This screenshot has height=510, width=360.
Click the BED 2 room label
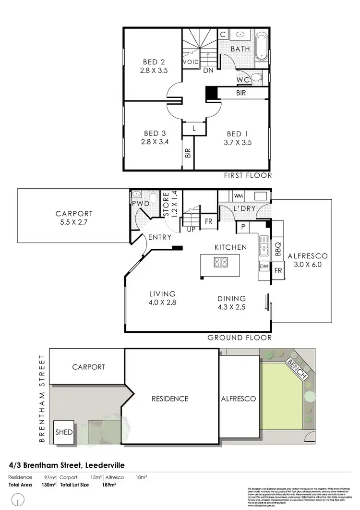click(x=152, y=61)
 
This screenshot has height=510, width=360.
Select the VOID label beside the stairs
click(x=191, y=62)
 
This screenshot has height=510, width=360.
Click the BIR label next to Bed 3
click(x=188, y=153)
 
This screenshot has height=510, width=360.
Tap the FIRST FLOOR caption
click(x=248, y=175)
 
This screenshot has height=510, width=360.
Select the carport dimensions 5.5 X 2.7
click(x=73, y=222)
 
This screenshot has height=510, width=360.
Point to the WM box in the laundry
click(x=238, y=196)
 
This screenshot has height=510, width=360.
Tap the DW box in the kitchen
click(x=264, y=266)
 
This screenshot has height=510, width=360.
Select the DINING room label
click(x=231, y=298)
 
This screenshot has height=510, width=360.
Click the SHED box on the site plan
click(x=64, y=432)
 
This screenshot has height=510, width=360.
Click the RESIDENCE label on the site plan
click(x=170, y=399)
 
